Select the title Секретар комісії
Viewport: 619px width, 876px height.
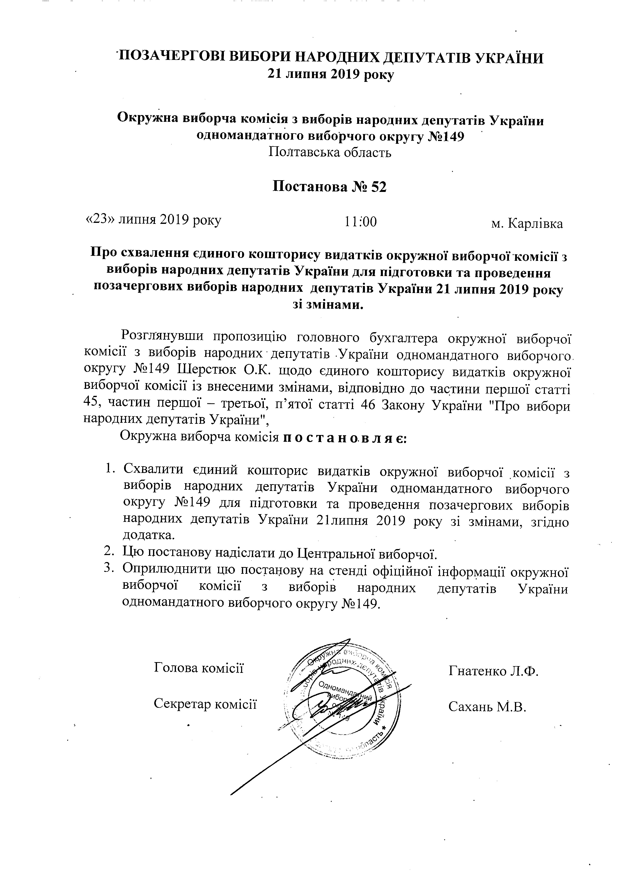tap(205, 704)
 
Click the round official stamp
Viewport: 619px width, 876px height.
tap(340, 700)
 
